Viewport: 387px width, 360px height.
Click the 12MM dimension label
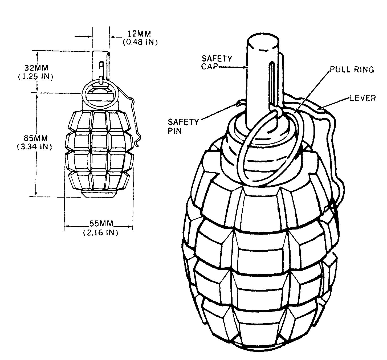[139, 34]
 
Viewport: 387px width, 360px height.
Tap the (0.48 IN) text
[140, 42]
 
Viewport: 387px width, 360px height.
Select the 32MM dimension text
[36, 68]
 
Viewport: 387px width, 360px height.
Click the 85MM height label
[36, 138]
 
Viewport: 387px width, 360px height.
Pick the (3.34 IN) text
[34, 146]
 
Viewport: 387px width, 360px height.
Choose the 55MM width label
[101, 223]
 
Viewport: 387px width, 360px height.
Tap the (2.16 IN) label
[101, 233]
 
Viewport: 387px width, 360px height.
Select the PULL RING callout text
[352, 69]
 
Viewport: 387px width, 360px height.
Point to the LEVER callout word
[363, 98]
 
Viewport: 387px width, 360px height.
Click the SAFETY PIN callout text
[183, 126]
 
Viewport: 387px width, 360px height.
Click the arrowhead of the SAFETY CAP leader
[245, 67]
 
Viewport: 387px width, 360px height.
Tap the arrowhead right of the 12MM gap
[112, 36]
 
